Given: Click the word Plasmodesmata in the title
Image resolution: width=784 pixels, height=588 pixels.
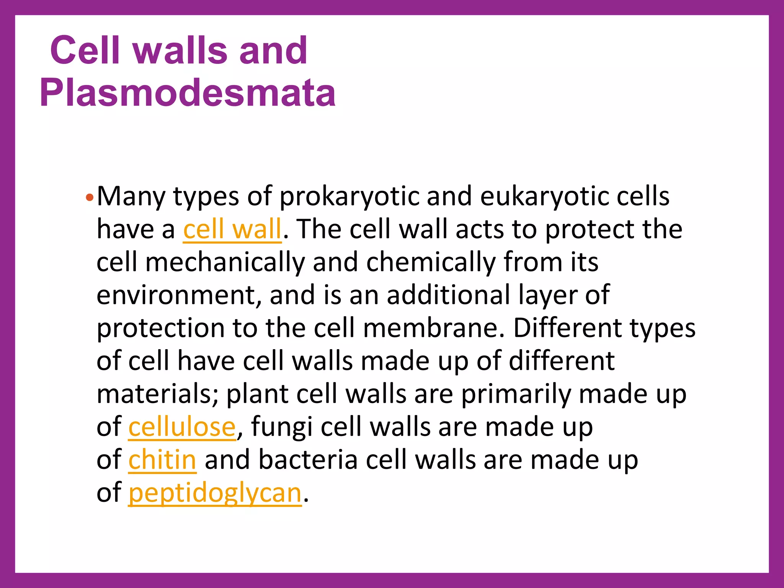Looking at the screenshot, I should coord(188,93).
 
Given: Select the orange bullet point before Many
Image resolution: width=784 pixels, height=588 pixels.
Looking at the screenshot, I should coord(89,198).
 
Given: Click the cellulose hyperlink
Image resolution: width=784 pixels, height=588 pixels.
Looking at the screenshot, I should coord(182,427).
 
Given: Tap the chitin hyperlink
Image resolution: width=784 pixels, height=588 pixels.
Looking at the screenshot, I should coord(162,460).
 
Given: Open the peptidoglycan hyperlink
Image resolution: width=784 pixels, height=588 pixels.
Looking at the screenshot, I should coord(215,493).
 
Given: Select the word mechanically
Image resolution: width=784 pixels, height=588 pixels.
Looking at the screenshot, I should coord(225,263).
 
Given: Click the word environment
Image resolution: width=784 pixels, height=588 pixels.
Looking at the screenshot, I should coord(178,296).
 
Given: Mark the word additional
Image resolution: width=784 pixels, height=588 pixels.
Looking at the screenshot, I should coord(448,296).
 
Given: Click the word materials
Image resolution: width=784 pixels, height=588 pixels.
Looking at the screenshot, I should coord(157,394).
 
